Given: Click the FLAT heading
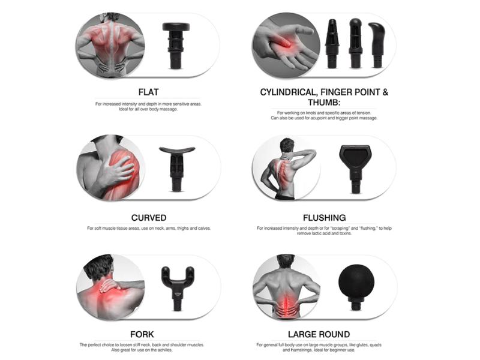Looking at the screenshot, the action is [148, 92].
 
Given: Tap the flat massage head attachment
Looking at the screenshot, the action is [176, 45].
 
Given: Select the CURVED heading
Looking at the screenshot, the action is [149, 218].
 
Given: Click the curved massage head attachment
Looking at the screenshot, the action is [176, 169].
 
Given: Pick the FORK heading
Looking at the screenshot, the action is [142, 334].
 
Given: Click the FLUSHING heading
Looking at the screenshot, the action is [325, 218].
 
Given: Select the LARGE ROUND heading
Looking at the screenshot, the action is [319, 334].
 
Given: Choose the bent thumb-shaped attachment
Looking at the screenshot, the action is [377, 44].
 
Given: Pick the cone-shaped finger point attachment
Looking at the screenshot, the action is [332, 43].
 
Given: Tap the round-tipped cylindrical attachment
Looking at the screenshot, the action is [355, 43].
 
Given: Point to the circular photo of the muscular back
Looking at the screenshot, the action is [110, 46].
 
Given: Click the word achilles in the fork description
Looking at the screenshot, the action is [164, 350].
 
